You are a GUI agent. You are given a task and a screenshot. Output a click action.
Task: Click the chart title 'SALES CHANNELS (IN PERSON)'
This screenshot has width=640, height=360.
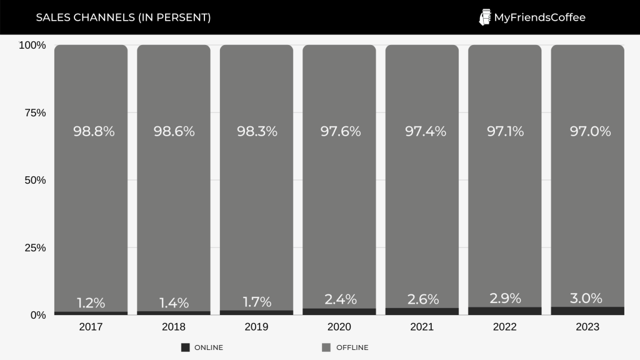coord(123,17)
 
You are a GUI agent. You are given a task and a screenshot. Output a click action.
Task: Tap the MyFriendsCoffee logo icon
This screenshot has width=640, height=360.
coord(484,17)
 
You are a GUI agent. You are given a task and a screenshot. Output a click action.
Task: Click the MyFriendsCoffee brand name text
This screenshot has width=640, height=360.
coord(539,17)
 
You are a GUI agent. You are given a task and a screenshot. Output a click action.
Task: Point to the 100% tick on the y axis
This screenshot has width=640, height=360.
coord(32,45)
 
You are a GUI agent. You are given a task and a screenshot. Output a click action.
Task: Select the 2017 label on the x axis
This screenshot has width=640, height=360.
coord(91,327)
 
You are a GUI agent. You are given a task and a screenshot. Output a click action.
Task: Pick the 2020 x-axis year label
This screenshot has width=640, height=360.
coord(339,327)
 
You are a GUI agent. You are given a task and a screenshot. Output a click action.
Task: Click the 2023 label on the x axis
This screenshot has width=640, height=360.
coord(587,327)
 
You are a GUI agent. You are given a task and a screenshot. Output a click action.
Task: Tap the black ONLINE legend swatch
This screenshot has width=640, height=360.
coord(185,347)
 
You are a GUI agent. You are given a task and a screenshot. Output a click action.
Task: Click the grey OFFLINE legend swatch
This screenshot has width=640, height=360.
coord(326,347)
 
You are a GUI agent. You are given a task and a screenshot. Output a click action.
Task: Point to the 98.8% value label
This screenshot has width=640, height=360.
coord(94,131)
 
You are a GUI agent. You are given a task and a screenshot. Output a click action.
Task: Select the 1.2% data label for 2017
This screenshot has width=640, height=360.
coord(91,303)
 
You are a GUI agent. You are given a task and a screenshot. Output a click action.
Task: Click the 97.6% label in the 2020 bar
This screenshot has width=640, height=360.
coord(341,131)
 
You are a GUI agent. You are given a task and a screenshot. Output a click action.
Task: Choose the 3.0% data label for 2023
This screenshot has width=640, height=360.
coord(586,298)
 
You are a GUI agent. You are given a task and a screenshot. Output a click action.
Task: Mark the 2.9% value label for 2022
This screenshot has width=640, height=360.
coord(504,298)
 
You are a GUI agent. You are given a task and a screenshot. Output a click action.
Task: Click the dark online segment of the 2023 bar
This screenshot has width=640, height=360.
coord(587,311)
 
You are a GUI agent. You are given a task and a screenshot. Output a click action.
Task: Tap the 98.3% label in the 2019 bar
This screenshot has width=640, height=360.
coord(257,131)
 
